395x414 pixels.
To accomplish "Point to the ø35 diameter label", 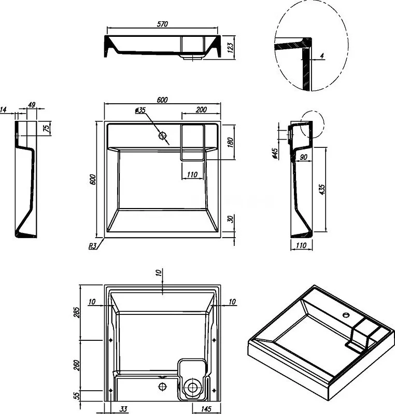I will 140,110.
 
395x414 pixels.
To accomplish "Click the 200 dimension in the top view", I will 201,109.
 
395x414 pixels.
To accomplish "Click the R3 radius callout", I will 91,246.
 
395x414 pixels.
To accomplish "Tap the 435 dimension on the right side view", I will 322,189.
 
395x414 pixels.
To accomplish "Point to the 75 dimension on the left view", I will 46,128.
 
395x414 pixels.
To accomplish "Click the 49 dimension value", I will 32,105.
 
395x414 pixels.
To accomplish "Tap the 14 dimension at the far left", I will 4,109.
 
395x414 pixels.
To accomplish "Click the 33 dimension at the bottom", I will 123,409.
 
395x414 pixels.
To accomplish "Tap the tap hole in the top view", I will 163,136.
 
